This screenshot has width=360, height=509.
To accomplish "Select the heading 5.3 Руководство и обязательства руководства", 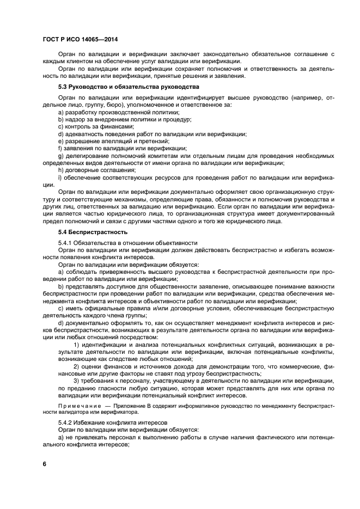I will tap(129, 87).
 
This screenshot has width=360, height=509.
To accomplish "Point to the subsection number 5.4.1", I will tap(66, 242).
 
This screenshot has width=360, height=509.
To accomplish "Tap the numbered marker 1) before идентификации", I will tap(76, 345).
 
